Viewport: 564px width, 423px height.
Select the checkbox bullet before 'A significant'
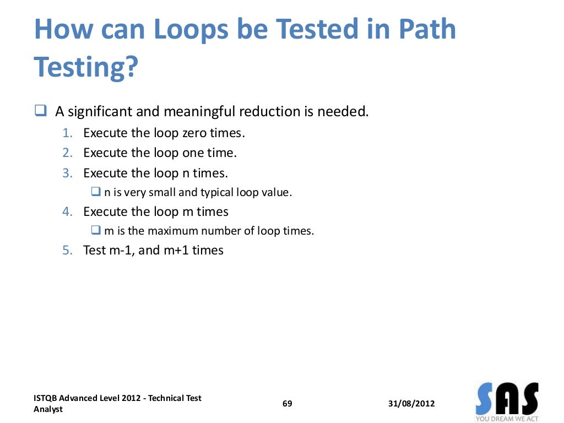40,111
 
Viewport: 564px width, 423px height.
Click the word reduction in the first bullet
268,112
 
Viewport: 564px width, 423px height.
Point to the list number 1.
67,133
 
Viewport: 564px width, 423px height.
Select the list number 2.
67,153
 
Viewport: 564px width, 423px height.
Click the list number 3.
67,173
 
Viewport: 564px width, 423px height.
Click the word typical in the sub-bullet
216,193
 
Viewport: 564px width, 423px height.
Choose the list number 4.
67,211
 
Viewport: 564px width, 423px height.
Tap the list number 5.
67,250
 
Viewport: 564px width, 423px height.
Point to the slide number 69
287,404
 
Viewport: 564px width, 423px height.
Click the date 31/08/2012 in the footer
411,404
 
